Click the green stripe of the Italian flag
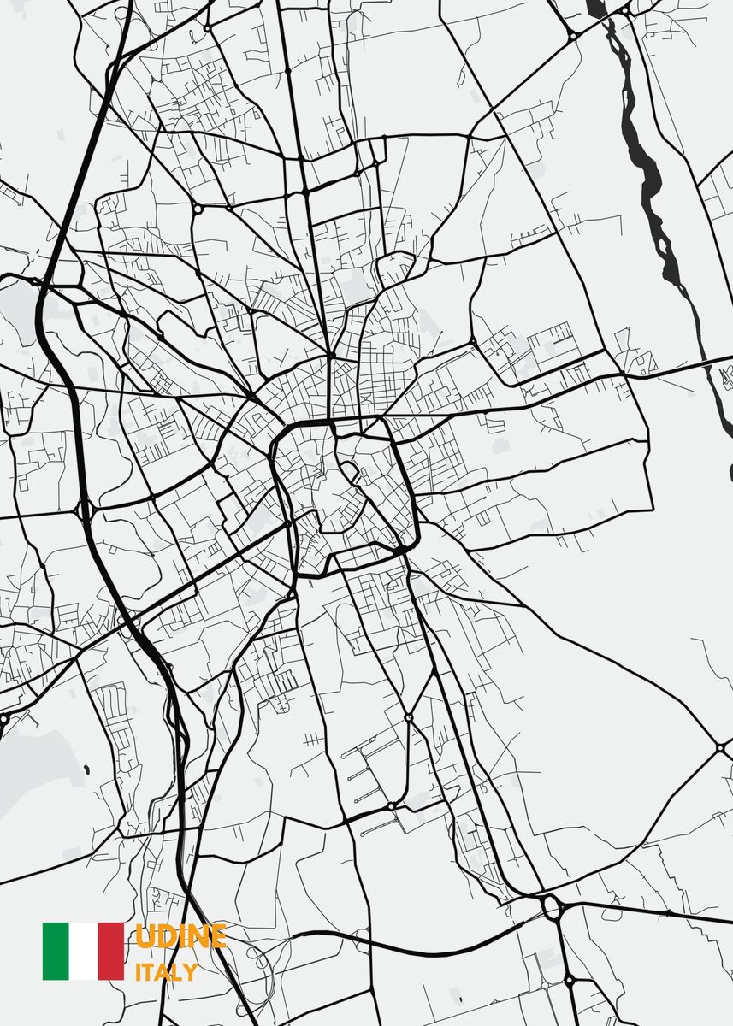point(56,951)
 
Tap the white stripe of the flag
point(84,951)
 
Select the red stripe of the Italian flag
point(111,951)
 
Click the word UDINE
point(180,936)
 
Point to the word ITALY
point(166,972)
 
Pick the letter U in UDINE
point(145,936)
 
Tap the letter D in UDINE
point(164,936)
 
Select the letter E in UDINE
point(217,936)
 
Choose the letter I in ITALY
point(139,972)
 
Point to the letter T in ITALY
point(149,972)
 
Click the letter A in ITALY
point(163,972)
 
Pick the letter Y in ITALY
point(190,972)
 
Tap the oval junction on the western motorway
point(85,510)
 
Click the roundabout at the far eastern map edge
point(717,746)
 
